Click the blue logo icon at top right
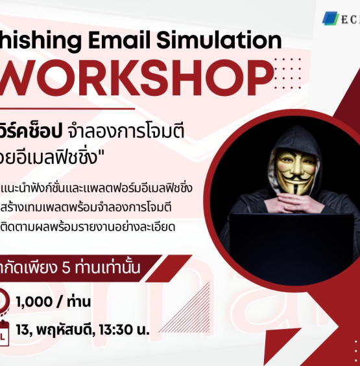click(x=330, y=18)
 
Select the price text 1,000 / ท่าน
click(x=54, y=301)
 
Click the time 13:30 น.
click(x=127, y=330)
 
